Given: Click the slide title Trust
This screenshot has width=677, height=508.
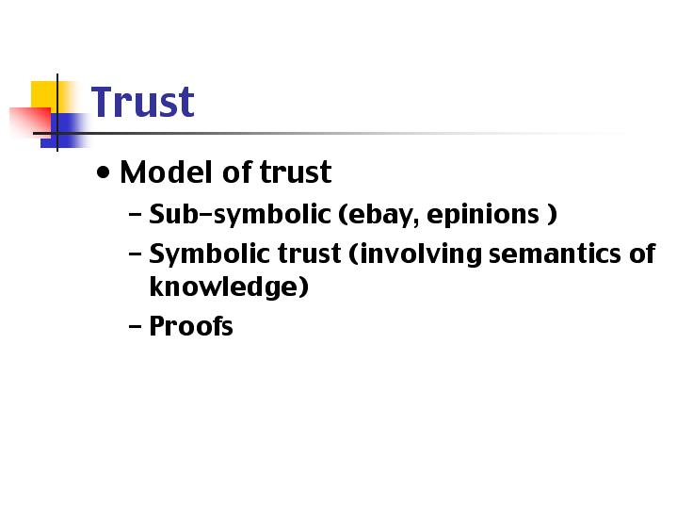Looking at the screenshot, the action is pos(142,102).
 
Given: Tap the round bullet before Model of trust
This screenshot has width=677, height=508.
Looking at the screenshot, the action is pos(104,172).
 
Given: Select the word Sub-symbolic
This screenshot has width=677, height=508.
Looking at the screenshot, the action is pos(239,215).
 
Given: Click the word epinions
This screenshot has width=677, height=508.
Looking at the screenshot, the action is pos(483,215).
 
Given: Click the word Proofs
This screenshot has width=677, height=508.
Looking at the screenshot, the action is pos(191,325).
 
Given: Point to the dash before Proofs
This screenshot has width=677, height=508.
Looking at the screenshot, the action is pos(136,326).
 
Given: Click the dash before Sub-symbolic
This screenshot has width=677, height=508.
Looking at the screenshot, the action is pos(136,214).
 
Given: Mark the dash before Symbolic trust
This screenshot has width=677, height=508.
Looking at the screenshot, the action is pos(136,254).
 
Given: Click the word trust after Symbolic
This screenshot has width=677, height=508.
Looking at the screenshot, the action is pos(310,254).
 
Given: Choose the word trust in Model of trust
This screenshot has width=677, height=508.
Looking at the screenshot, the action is pos(296,172).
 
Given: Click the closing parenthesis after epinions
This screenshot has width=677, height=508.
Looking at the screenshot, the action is pos(552,215).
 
